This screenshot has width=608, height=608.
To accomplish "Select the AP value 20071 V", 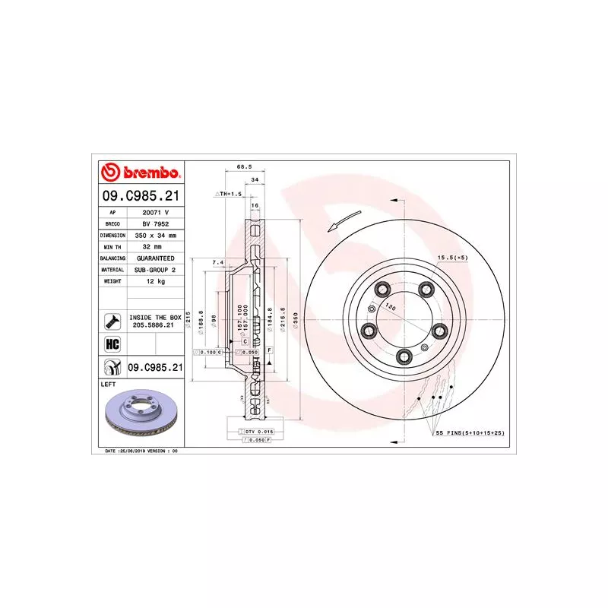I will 155,213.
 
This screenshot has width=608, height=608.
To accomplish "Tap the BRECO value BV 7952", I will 155,224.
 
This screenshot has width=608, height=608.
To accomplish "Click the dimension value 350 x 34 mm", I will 155,236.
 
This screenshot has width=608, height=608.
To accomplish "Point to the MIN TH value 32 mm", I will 155,247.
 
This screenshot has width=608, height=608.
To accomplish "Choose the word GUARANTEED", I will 155,258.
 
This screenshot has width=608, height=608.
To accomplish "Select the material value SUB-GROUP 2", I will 155,270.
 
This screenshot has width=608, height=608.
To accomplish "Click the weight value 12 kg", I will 155,281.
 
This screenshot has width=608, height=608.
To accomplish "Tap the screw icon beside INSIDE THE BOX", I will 111,321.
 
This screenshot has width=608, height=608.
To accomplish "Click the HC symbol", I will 111,344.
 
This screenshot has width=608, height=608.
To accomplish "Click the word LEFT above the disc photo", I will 108,385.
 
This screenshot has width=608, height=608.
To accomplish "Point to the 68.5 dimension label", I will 244,166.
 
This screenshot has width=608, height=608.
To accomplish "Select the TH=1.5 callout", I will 229,195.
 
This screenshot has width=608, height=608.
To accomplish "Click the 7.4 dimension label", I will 217,262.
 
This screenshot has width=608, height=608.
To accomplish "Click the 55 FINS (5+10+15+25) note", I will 470,432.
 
